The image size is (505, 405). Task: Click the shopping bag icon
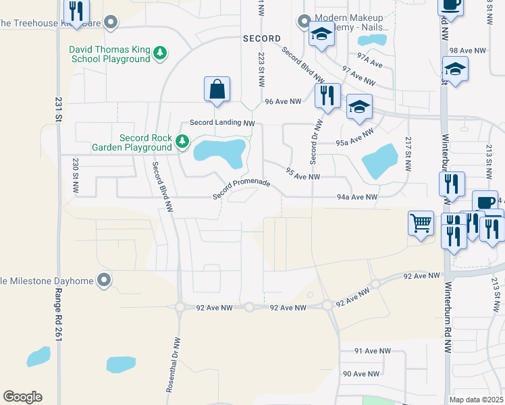point(217,89)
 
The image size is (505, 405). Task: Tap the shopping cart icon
point(421,222)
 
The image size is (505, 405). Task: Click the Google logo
point(22,397)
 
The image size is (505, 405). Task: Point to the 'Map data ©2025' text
point(476,400)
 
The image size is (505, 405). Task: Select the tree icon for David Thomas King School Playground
point(160,53)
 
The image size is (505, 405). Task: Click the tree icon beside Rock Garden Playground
point(182,142)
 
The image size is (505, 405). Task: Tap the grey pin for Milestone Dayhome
point(103,279)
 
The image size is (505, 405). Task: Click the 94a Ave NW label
point(356,197)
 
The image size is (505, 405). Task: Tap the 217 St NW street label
point(408,154)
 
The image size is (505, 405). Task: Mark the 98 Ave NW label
point(467,51)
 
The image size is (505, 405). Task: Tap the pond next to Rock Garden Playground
point(219,151)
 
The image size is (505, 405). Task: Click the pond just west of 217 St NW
point(379,162)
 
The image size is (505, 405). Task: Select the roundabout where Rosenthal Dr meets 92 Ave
point(180,307)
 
